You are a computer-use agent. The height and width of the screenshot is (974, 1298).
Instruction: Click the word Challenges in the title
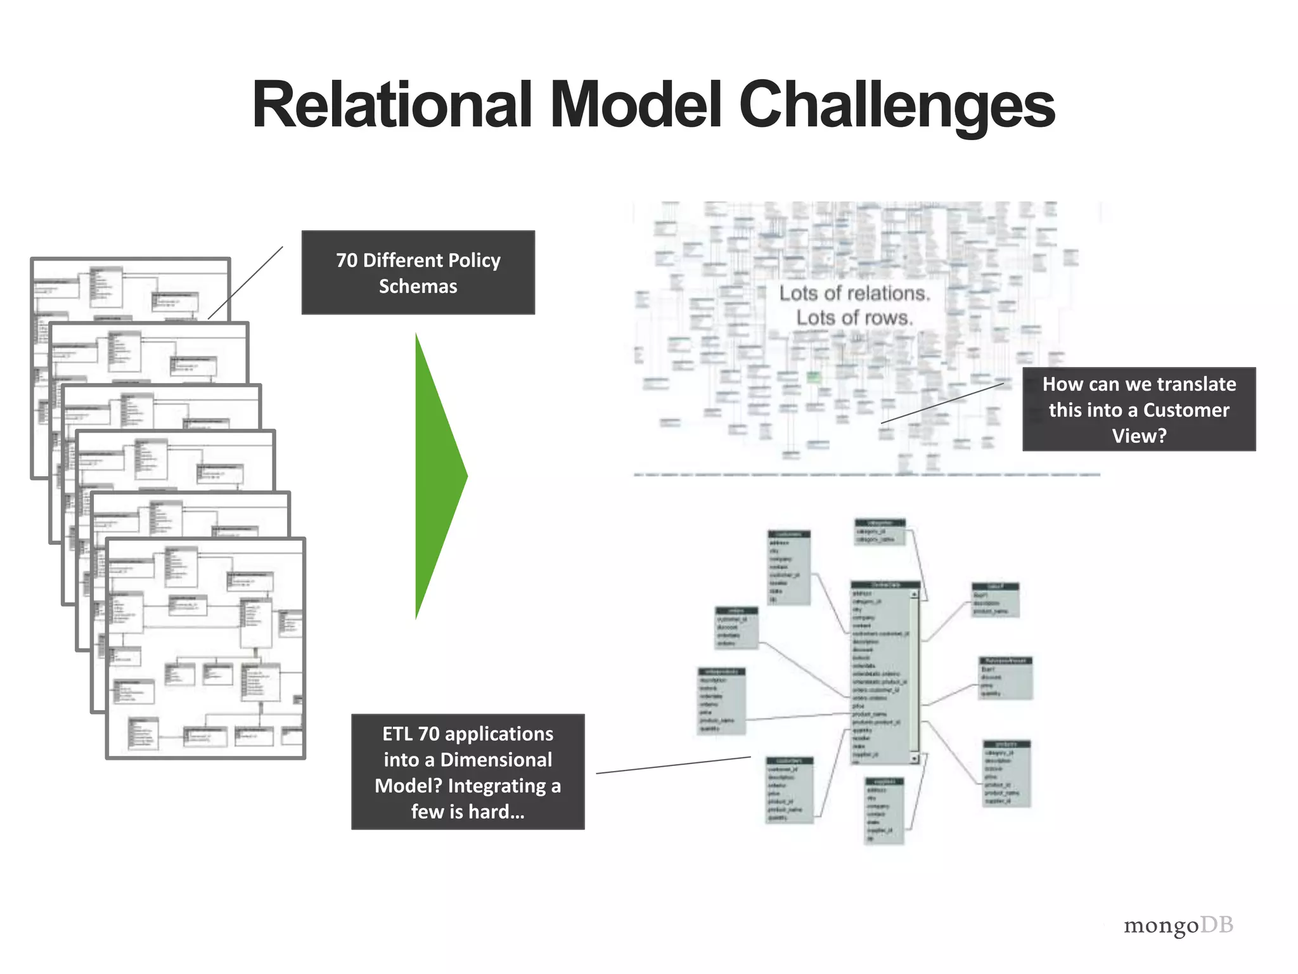click(x=896, y=105)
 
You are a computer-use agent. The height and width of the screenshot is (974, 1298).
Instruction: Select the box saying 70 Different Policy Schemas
click(x=418, y=273)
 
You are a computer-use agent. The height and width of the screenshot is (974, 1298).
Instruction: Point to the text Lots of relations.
click(x=854, y=293)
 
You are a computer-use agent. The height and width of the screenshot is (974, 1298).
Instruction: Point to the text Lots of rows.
click(x=854, y=317)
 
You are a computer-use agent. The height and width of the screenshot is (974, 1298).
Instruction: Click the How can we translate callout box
click(x=1138, y=409)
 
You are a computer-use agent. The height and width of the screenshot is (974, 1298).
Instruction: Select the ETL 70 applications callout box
click(x=468, y=772)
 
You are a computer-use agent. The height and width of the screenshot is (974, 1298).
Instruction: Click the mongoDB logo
click(x=1178, y=925)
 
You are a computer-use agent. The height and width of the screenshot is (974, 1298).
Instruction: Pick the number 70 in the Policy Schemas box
click(x=347, y=261)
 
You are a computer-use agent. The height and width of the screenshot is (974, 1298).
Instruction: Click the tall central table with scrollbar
click(x=884, y=672)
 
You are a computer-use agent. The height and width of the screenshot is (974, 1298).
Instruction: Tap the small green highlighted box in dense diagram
click(x=813, y=378)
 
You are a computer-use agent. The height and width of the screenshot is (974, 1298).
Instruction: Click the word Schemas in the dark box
click(x=418, y=287)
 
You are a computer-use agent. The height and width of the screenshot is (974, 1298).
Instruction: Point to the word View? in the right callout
click(x=1138, y=436)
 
